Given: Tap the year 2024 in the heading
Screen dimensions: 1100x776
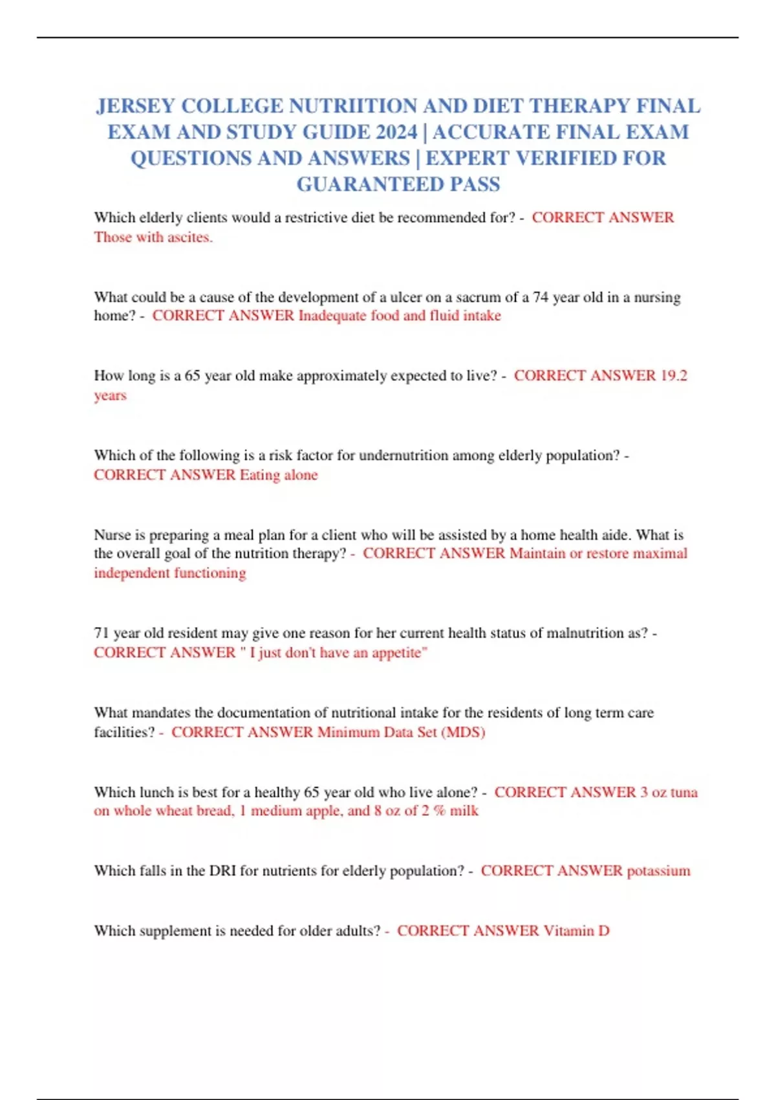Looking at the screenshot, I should pyautogui.click(x=396, y=132).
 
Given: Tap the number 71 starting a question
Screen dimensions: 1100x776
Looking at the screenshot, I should pyautogui.click(x=102, y=633).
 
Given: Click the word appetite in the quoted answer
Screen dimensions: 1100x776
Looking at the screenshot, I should pyautogui.click(x=396, y=653).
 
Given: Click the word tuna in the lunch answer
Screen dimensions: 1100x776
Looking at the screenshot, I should pyautogui.click(x=684, y=793).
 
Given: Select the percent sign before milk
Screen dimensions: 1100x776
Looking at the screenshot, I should pyautogui.click(x=440, y=811).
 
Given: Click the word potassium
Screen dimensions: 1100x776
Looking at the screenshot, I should pyautogui.click(x=658, y=871).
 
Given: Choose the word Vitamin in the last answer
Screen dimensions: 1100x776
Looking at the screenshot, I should pyautogui.click(x=568, y=931).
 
